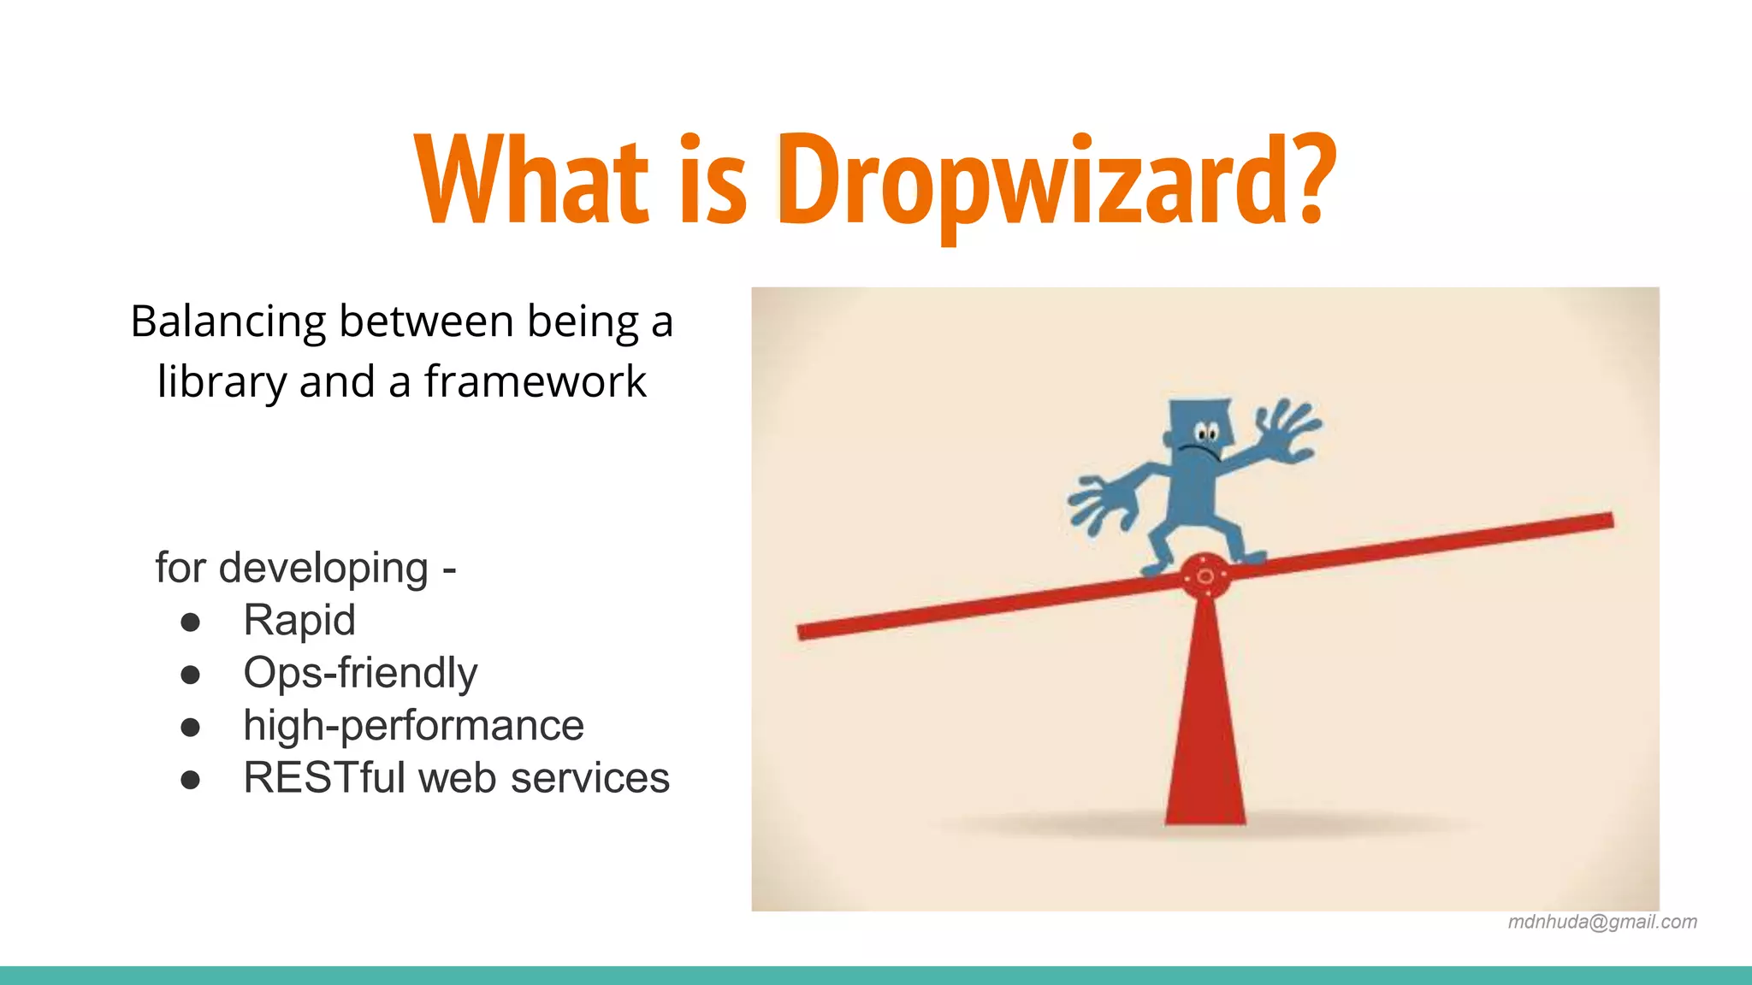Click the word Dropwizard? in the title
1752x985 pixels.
(x=1057, y=181)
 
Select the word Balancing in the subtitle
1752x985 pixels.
(x=228, y=323)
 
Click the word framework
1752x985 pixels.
(x=535, y=381)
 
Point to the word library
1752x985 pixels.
(x=222, y=381)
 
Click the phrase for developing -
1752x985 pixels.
(x=305, y=568)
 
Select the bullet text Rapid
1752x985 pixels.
(x=299, y=620)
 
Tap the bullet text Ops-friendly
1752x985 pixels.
(x=360, y=673)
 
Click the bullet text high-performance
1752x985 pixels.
(x=413, y=725)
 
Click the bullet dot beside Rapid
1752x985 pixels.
(x=191, y=622)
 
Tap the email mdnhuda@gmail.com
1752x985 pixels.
(x=1601, y=922)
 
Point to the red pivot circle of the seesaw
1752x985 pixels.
(x=1204, y=576)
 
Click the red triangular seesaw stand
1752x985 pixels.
(x=1204, y=735)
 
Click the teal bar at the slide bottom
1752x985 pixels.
(x=876, y=975)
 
